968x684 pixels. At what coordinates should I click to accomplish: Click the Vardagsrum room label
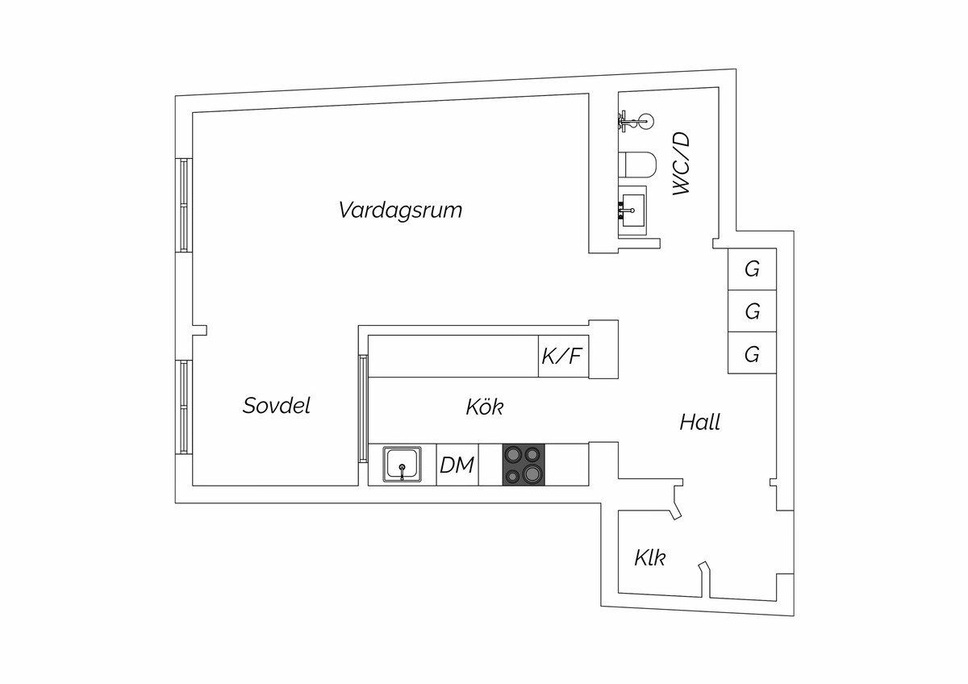400,211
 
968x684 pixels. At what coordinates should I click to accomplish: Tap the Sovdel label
276,406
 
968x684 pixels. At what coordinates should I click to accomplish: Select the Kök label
484,407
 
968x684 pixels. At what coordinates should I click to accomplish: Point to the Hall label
699,422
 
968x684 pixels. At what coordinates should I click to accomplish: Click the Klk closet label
649,557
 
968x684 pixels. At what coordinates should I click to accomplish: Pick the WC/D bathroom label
682,164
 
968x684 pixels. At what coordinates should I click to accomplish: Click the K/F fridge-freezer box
562,356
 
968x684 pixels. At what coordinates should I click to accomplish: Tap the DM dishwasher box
457,465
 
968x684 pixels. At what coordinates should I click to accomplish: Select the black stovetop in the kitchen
524,465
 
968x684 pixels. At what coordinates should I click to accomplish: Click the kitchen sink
402,465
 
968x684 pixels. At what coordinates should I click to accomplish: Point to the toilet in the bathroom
637,165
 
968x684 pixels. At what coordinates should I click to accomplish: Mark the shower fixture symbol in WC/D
636,121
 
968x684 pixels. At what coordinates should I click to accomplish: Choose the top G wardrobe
752,269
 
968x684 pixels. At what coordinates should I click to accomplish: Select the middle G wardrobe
752,311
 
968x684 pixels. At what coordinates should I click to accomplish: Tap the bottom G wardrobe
752,353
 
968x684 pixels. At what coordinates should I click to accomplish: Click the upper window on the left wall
184,205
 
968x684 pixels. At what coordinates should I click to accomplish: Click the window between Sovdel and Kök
363,407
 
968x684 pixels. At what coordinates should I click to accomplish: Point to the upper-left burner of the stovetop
514,455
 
